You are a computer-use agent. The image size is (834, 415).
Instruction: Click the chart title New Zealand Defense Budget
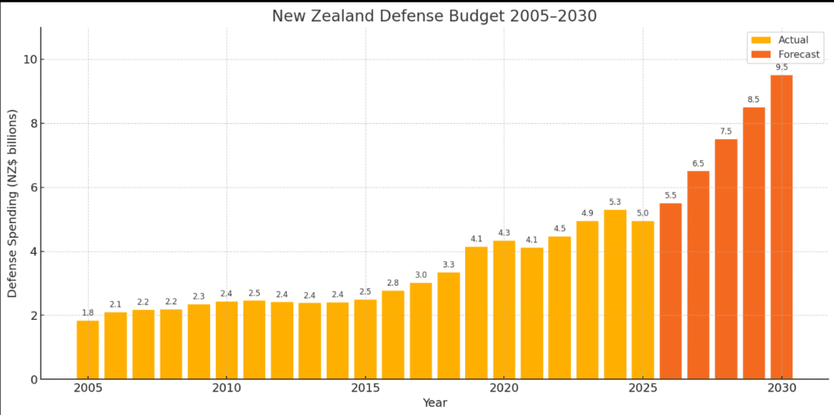[x=434, y=16]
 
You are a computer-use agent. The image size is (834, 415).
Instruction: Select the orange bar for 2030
[x=781, y=227]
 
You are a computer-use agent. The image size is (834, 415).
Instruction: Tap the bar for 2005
[x=88, y=350]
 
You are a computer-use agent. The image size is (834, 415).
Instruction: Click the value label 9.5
[x=781, y=68]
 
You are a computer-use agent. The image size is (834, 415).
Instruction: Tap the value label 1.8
[x=88, y=313]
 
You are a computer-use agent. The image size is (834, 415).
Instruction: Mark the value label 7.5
[x=726, y=132]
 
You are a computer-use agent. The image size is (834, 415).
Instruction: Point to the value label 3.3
[x=449, y=264]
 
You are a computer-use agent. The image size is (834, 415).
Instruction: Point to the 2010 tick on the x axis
[x=226, y=389]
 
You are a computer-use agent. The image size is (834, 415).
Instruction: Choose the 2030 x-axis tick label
[x=781, y=389]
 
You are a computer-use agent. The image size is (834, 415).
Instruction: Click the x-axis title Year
[x=434, y=403]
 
